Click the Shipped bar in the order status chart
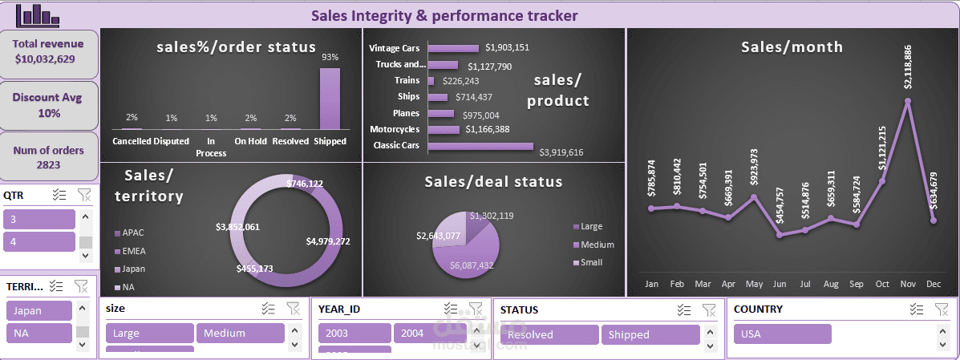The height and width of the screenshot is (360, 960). (x=330, y=98)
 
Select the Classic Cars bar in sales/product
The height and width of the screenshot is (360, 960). (x=480, y=145)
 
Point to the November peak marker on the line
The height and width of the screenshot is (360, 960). (x=908, y=102)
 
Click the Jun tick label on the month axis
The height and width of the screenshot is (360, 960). (x=780, y=284)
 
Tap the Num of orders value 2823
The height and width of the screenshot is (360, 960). (x=49, y=165)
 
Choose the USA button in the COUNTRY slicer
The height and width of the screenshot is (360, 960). (x=782, y=334)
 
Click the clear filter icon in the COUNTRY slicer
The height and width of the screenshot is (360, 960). (x=942, y=309)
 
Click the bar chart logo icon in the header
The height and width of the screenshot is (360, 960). (x=38, y=14)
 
